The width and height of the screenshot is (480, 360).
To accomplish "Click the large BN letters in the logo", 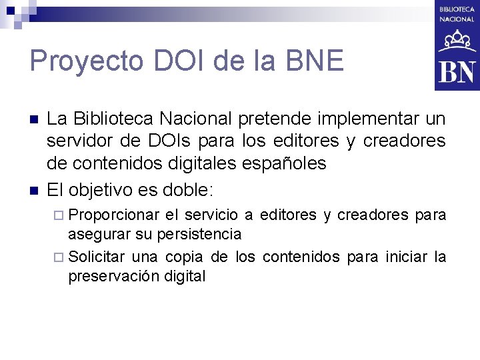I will pos(457,71).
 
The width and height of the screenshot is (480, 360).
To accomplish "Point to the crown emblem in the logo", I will pos(457,41).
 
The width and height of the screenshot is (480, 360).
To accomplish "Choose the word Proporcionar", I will pos(114,215).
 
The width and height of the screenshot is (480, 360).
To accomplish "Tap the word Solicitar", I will pos(97,257).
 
